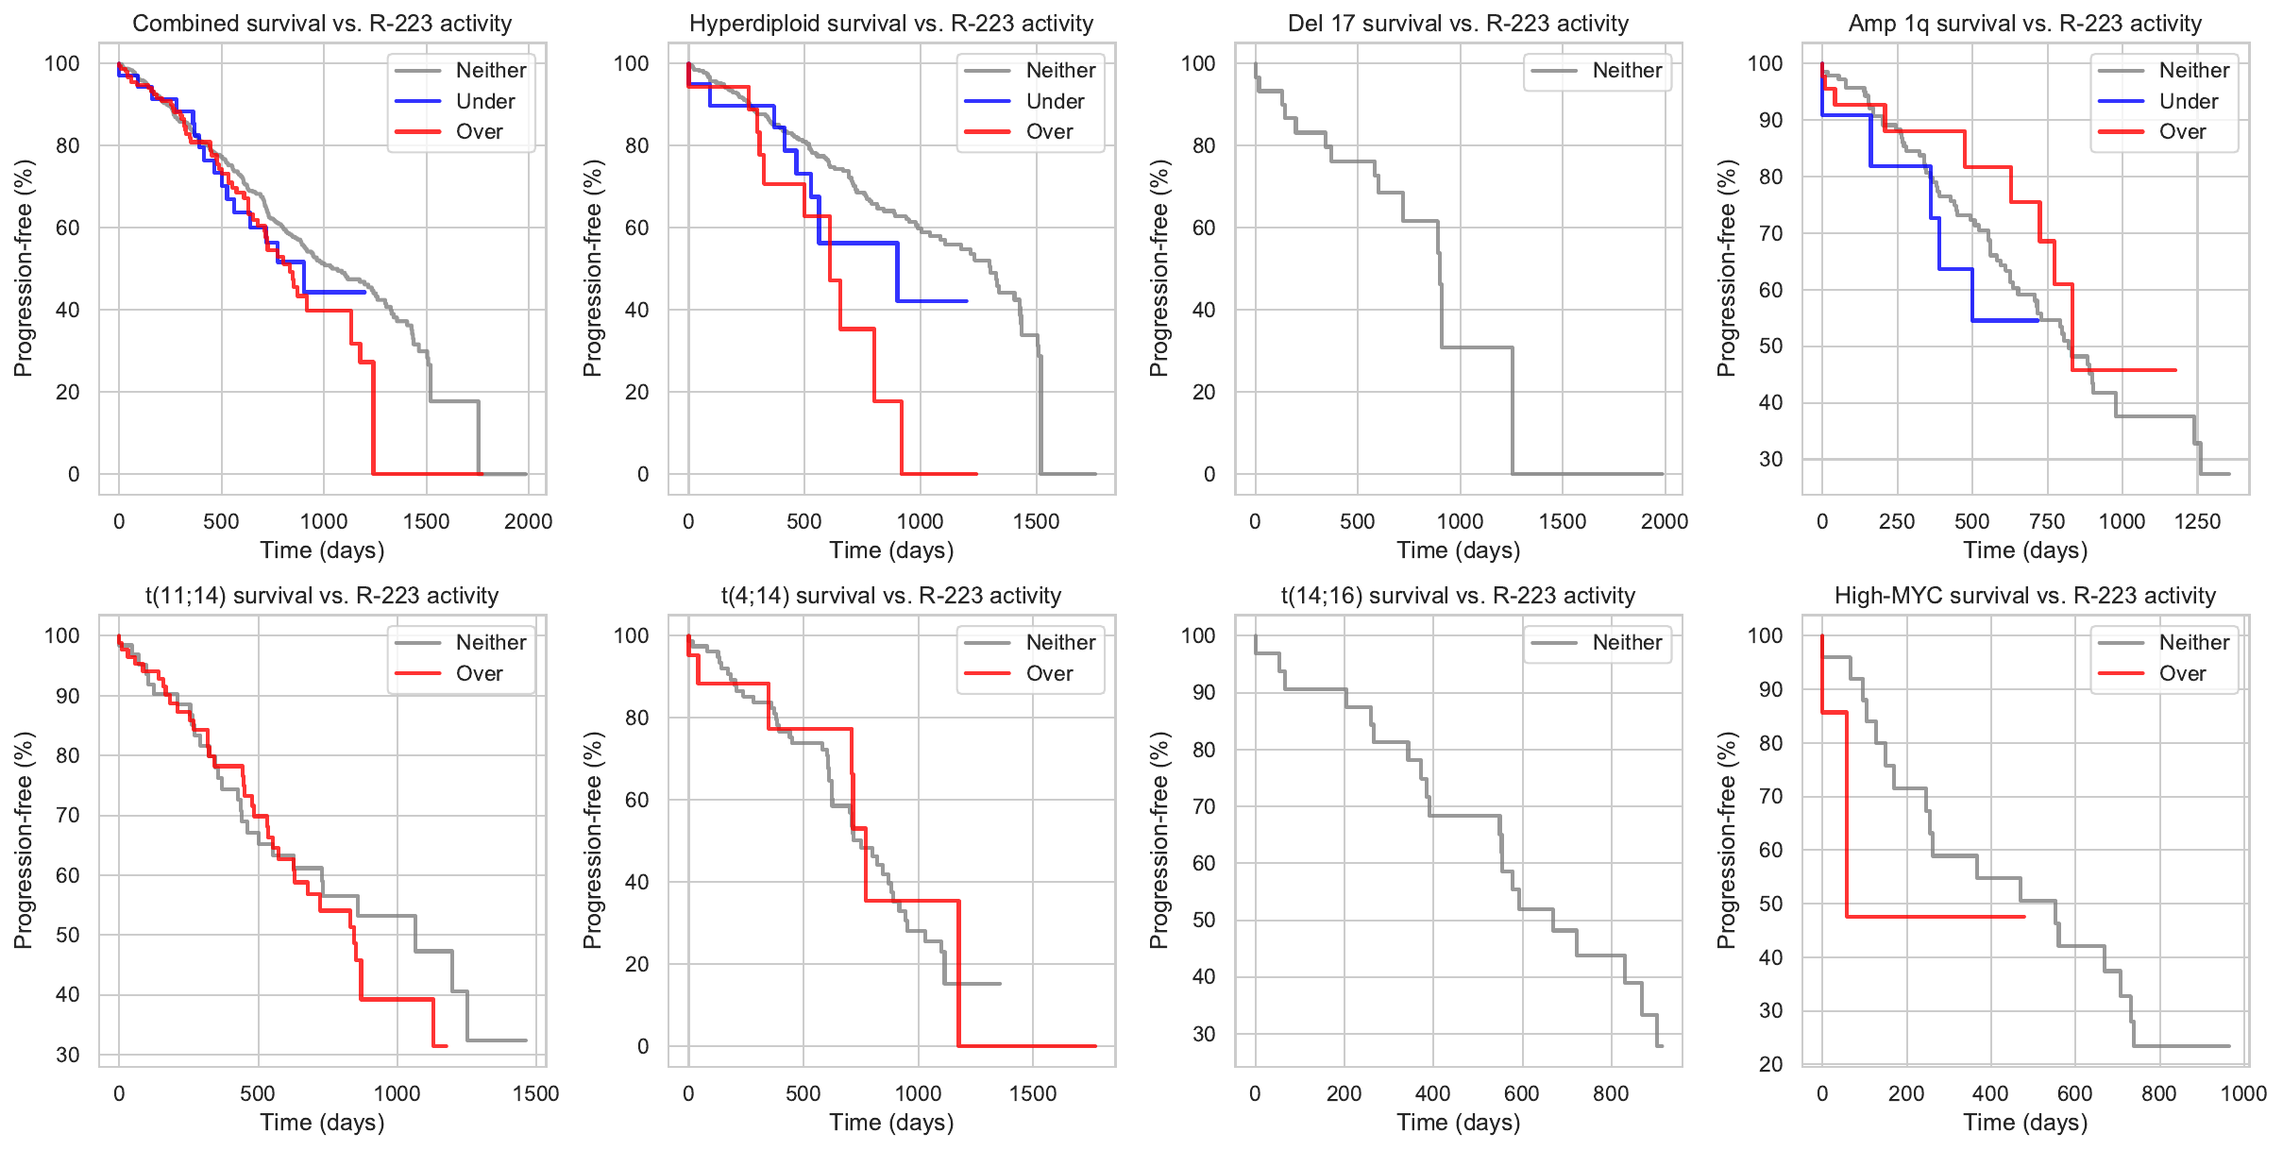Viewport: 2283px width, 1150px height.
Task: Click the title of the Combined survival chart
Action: pyautogui.click(x=322, y=24)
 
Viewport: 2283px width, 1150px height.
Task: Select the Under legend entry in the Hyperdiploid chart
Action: pyautogui.click(x=1054, y=101)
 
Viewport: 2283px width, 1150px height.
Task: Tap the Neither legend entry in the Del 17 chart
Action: pyautogui.click(x=1626, y=70)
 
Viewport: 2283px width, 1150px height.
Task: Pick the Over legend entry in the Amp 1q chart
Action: pyautogui.click(x=2181, y=132)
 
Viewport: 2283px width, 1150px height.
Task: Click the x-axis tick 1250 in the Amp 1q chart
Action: pyautogui.click(x=2197, y=521)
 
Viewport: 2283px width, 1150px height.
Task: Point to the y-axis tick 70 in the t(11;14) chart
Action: pyautogui.click(x=67, y=815)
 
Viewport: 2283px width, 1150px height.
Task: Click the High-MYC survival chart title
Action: pyautogui.click(x=2024, y=596)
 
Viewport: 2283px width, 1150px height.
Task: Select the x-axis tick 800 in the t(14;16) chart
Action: pyautogui.click(x=1611, y=1093)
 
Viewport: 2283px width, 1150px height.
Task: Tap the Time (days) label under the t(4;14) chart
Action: pyautogui.click(x=891, y=1122)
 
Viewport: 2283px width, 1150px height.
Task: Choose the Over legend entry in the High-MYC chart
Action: pyautogui.click(x=2181, y=673)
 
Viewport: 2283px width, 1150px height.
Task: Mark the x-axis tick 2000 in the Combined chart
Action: pyautogui.click(x=528, y=521)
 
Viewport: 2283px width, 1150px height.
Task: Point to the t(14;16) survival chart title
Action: pyautogui.click(x=1458, y=596)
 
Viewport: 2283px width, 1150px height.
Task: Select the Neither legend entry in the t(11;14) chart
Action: pyautogui.click(x=490, y=642)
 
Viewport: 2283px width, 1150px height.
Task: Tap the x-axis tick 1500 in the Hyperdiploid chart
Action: pyautogui.click(x=1036, y=521)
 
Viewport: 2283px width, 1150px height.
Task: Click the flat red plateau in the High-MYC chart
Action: pyautogui.click(x=1936, y=917)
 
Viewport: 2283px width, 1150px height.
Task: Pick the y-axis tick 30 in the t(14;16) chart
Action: pyautogui.click(x=1203, y=1034)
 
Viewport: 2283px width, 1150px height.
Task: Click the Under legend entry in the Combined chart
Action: pyautogui.click(x=484, y=101)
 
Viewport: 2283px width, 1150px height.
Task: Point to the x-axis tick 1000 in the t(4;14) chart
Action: pyautogui.click(x=918, y=1093)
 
